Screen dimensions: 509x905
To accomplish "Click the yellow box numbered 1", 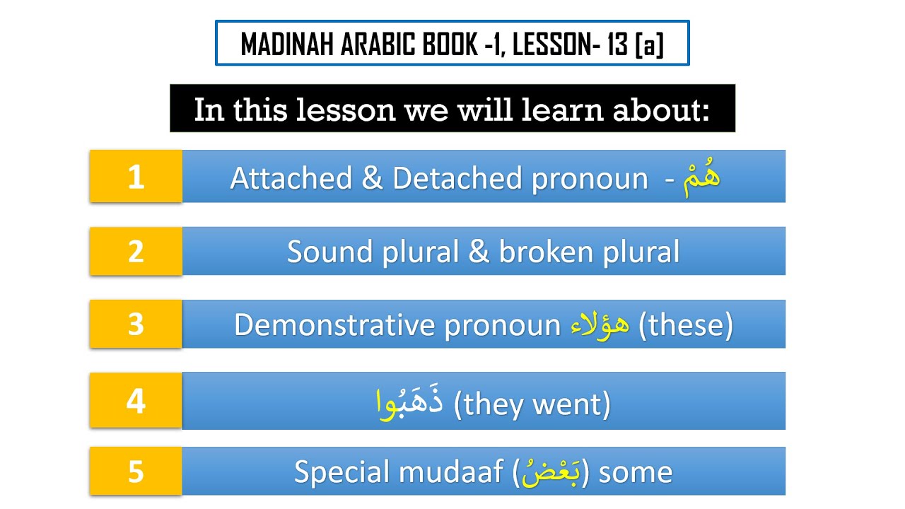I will [136, 176].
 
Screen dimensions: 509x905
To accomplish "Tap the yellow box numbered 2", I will [136, 251].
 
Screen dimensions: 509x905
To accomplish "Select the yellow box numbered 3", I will [136, 324].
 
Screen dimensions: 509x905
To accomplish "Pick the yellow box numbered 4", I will [136, 400].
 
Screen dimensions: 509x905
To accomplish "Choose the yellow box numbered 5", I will [136, 471].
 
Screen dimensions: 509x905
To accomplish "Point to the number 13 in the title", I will [616, 45].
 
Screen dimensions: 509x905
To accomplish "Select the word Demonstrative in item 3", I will [335, 325].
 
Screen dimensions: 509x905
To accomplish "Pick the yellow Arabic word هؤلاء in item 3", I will [600, 325].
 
